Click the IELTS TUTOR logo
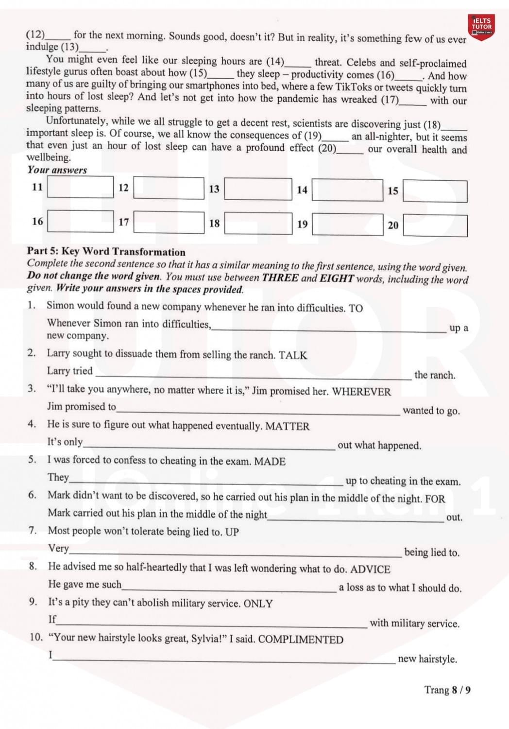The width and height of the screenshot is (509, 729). pos(481,26)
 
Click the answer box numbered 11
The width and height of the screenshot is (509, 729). pos(80,187)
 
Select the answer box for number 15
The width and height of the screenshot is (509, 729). pos(435,191)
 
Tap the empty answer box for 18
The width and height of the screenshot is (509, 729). pos(258,224)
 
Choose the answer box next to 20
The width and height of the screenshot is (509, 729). pos(435,226)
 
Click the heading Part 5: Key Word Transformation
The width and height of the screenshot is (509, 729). pos(106,252)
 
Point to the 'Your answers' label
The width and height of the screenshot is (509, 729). pos(57,170)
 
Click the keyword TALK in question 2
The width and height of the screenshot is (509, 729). pos(293,355)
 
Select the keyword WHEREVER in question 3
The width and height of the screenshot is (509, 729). pos(361,392)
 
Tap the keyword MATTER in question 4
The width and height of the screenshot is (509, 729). pos(287,427)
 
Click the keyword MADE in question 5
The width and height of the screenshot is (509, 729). pos(270,462)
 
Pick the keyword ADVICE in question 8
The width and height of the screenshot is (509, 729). pos(370,570)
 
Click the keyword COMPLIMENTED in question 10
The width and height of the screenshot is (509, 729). pos(301,640)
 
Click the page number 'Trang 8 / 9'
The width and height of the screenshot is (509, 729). pos(447,690)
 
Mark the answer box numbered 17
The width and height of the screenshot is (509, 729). pos(169,222)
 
